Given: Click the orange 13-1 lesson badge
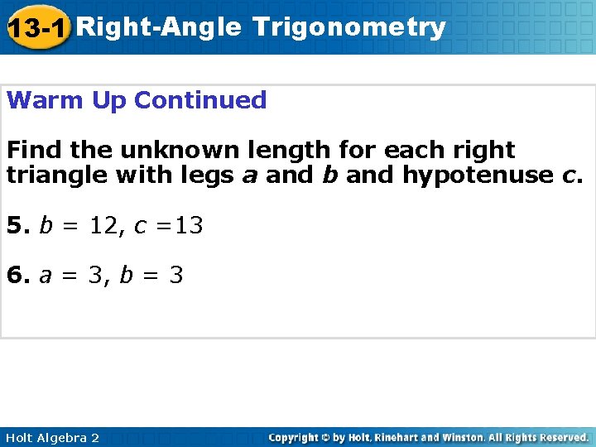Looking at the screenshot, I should [x=37, y=29].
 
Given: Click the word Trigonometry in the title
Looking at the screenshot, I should [x=349, y=27].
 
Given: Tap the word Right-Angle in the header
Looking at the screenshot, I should [x=161, y=27].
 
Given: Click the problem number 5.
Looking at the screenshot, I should [x=15, y=225].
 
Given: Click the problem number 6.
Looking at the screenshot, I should [x=15, y=274].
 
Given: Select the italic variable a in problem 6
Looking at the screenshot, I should [x=45, y=274].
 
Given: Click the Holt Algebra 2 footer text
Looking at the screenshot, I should [x=51, y=437].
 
